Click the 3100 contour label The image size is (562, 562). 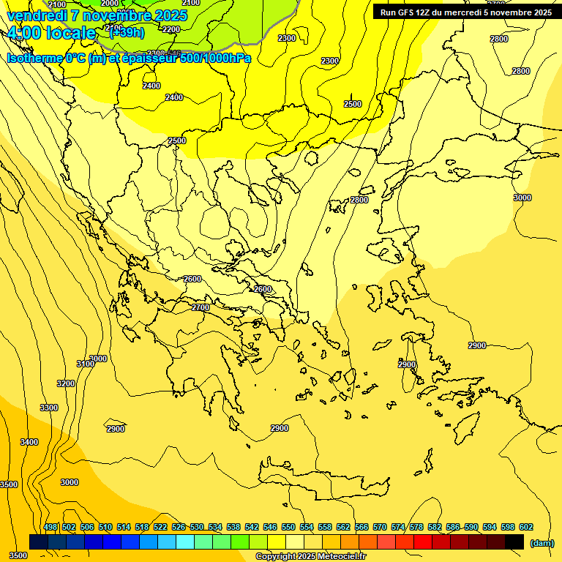point(85,364)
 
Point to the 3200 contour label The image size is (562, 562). point(66,383)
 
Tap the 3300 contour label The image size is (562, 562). point(49,408)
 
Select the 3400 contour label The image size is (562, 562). point(29,442)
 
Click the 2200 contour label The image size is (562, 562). point(171,29)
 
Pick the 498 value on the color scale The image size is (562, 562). point(50,527)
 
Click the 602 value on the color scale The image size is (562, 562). point(525,527)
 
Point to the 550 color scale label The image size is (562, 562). point(288,527)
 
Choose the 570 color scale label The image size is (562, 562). point(379,527)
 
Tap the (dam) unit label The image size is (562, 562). point(542,542)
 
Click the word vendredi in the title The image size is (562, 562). point(37,15)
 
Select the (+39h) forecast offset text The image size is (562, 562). point(127,33)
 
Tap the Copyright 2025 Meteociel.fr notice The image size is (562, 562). point(310,557)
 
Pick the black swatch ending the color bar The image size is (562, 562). point(515,542)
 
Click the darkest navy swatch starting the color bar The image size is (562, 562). point(39,542)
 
